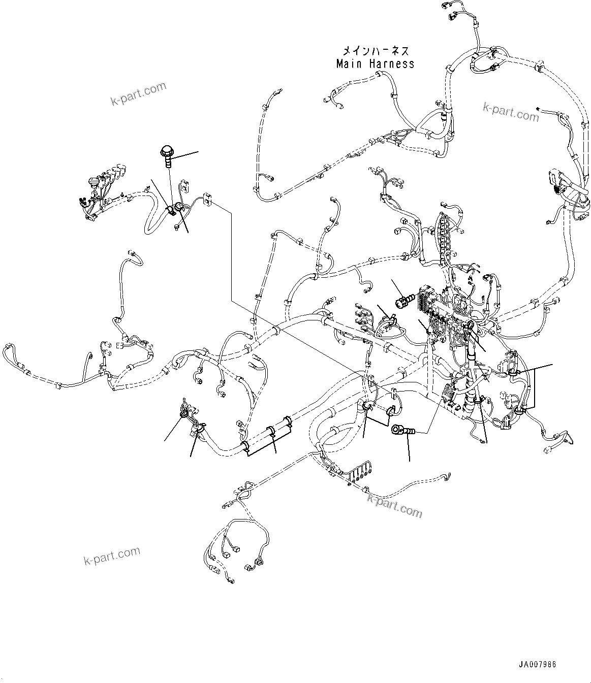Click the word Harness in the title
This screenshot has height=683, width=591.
[x=391, y=64]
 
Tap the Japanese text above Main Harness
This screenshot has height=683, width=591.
[x=375, y=51]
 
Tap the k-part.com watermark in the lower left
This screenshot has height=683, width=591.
[x=111, y=556]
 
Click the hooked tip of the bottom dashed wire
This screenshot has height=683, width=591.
[x=447, y=476]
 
